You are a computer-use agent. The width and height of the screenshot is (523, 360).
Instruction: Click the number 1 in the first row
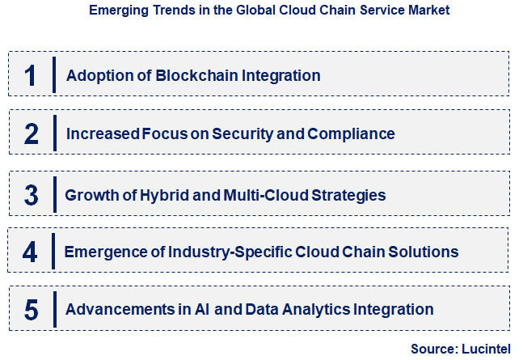point(30,75)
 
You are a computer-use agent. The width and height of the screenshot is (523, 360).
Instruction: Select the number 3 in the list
point(31,195)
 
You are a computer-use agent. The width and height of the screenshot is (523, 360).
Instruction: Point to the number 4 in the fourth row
point(30,252)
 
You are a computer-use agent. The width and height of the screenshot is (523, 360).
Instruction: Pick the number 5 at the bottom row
point(31,309)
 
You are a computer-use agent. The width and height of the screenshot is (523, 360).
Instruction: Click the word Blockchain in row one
point(175,75)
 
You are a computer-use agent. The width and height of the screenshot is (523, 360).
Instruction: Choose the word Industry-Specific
point(213,252)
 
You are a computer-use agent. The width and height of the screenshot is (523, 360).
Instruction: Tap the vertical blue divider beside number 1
point(54,75)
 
